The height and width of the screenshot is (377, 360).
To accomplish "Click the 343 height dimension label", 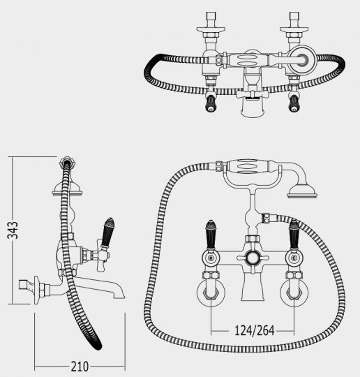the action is [13, 230].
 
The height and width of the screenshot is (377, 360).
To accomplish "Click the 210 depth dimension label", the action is [80, 367].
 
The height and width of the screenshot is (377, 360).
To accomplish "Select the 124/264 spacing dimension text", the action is [254, 331].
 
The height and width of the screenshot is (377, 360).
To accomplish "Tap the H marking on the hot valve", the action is [211, 258].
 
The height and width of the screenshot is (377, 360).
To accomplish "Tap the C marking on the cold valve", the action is [294, 258].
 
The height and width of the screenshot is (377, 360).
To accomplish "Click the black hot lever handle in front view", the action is [211, 235].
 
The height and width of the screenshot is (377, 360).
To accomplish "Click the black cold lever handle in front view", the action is [294, 234].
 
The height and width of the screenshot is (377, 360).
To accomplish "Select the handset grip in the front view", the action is [248, 165].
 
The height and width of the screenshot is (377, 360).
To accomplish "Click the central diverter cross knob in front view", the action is [253, 258].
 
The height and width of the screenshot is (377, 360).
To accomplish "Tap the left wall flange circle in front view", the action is [211, 293].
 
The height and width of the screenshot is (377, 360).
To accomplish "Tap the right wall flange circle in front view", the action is [294, 293].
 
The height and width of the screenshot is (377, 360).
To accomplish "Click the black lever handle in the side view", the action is [107, 232].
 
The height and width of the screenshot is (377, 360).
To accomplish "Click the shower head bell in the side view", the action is [67, 188].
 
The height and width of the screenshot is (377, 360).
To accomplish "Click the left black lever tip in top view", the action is [211, 103].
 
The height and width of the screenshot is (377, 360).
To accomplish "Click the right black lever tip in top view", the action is [294, 103].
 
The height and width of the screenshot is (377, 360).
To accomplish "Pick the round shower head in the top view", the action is [302, 59].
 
